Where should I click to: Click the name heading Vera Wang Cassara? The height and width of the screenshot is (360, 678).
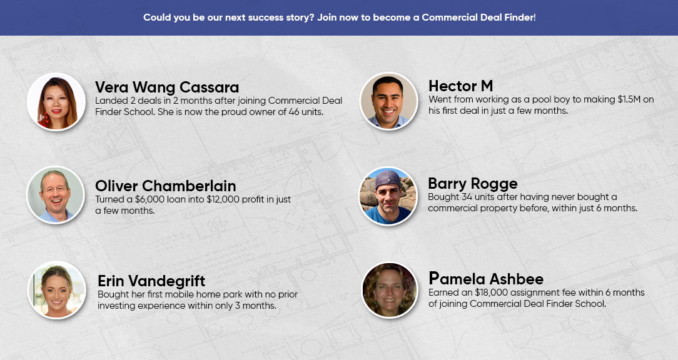point(167,87)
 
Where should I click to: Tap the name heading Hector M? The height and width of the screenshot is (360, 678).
point(460,86)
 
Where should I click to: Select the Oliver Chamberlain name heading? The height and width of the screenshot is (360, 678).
point(166,186)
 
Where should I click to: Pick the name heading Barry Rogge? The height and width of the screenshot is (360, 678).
point(473,184)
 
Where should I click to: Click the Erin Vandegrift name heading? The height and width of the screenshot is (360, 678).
point(151,281)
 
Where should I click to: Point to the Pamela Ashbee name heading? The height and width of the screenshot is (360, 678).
point(486,279)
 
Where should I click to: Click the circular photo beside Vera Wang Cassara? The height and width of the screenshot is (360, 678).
point(56,102)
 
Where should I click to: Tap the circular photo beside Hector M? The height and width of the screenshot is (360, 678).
point(388,101)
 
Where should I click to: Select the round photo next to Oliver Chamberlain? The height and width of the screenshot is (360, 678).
point(55,195)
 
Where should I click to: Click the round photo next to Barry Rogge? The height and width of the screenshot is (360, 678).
point(388,196)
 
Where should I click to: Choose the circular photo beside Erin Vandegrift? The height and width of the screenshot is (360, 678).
point(57,290)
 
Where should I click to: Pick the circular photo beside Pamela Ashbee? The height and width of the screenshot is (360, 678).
point(389,290)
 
